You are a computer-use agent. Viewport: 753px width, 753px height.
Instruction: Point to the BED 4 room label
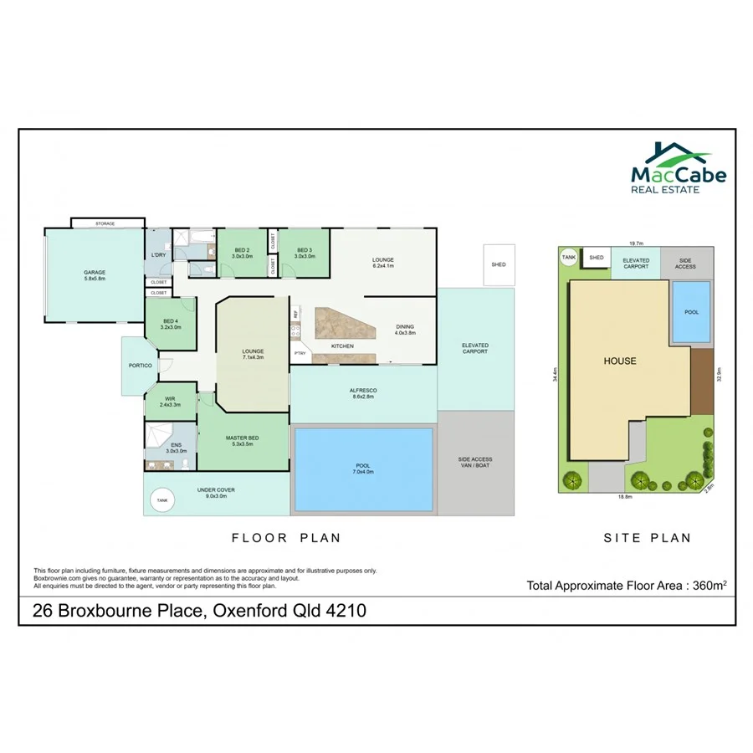(x=170, y=324)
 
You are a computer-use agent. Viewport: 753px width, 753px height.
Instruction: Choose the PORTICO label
(x=140, y=366)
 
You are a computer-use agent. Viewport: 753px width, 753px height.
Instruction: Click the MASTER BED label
(x=242, y=440)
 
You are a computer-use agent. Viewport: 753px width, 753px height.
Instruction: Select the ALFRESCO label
(x=363, y=393)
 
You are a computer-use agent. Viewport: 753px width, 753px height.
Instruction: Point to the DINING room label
(x=405, y=330)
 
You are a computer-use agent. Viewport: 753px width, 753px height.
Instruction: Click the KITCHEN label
(x=342, y=346)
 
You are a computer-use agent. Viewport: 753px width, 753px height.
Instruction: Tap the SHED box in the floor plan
(x=499, y=264)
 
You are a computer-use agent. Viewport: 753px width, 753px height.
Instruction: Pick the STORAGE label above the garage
(x=105, y=223)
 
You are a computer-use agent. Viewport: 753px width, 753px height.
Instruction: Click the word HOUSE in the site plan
(x=620, y=361)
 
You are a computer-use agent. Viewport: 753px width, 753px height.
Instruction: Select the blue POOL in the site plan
(x=691, y=312)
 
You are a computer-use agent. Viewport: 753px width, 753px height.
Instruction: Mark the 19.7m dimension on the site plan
(x=636, y=243)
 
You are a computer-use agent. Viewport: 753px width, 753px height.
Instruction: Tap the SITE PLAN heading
(x=648, y=538)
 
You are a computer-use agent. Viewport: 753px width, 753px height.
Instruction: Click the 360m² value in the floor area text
(x=707, y=586)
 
